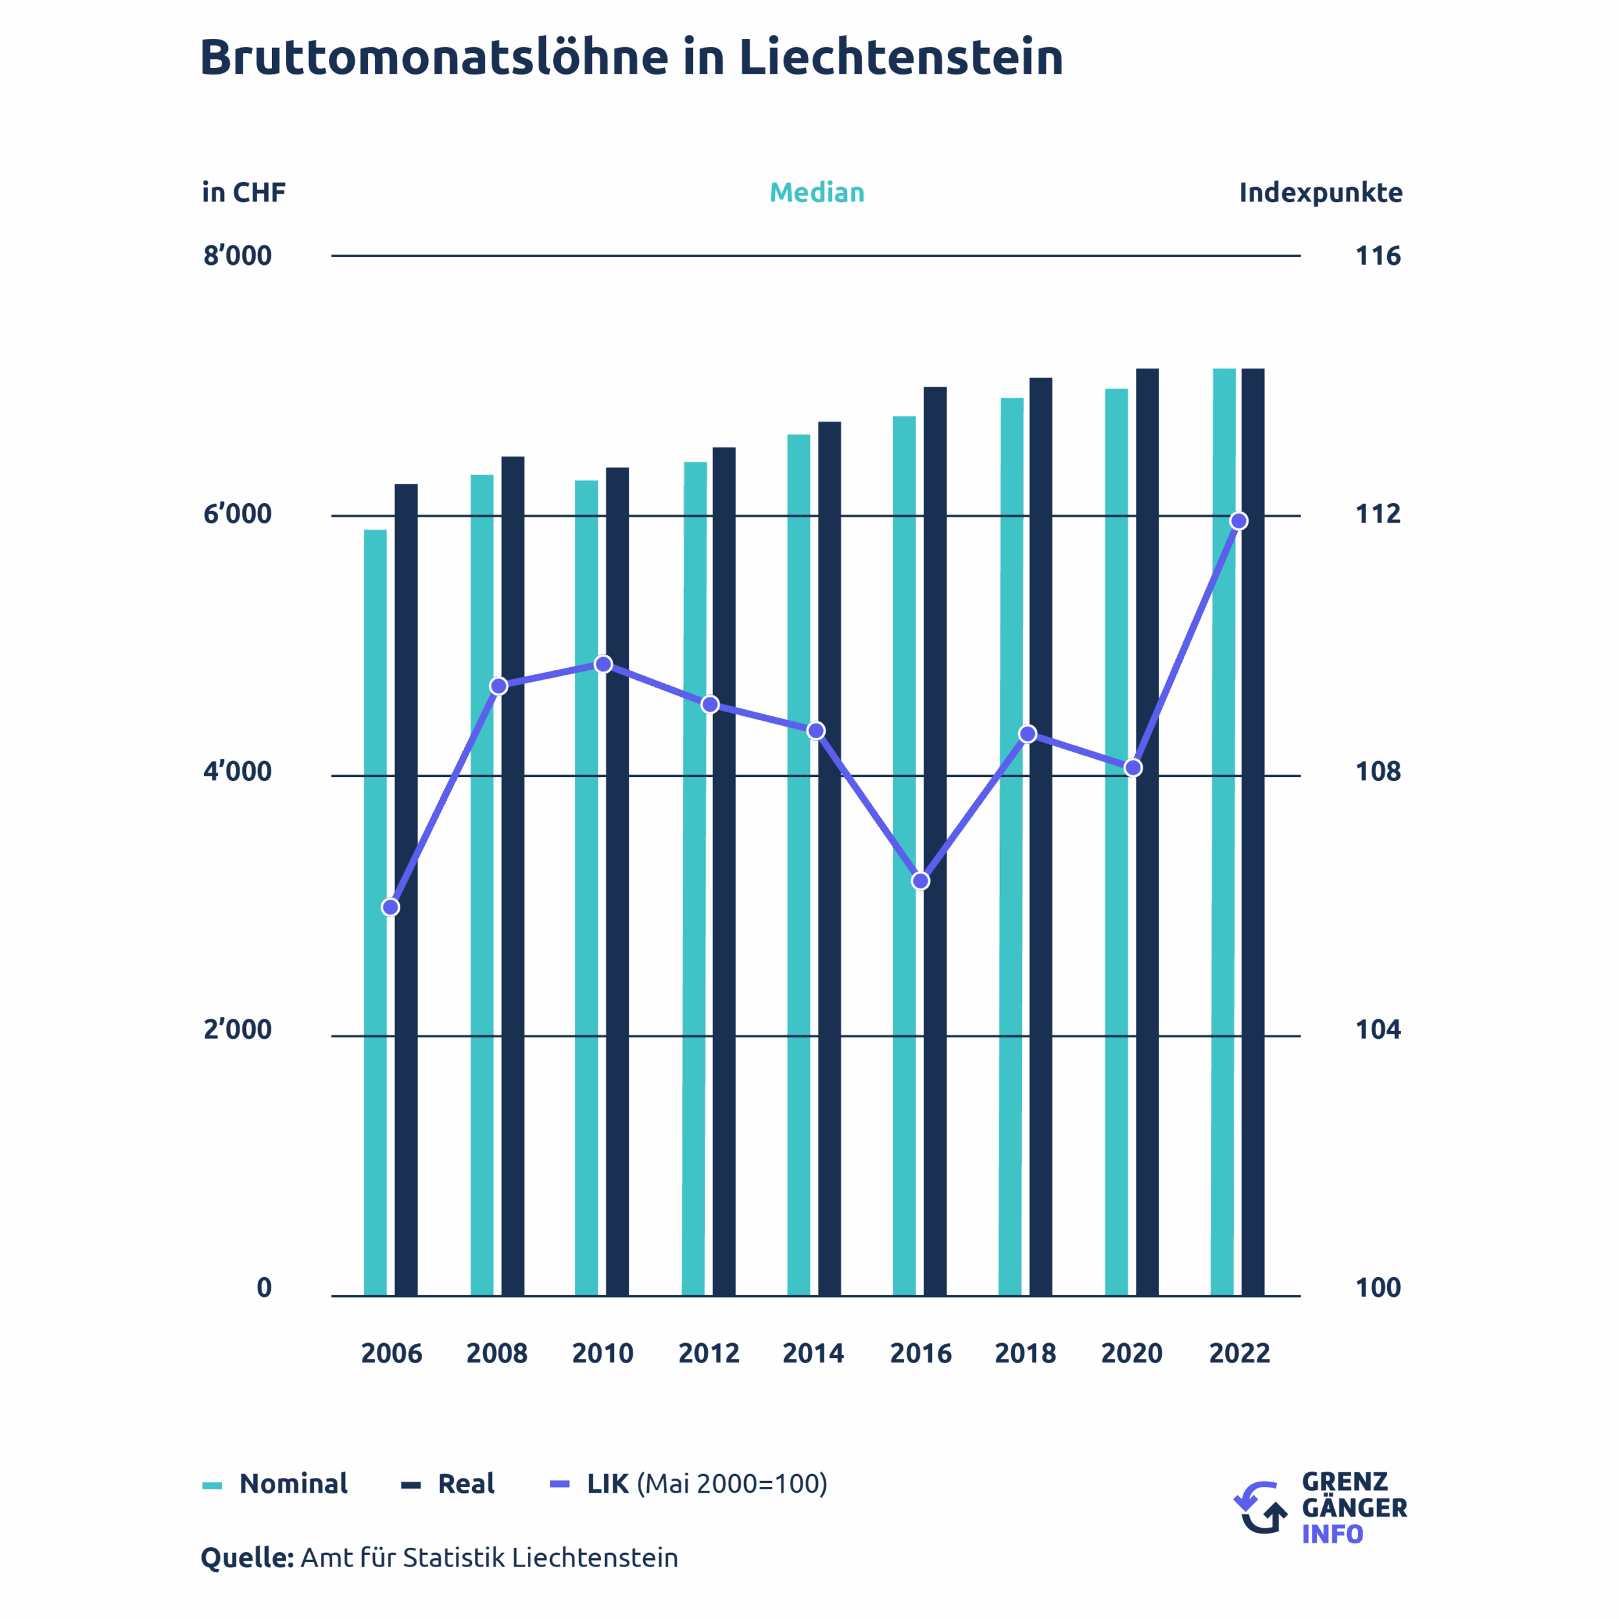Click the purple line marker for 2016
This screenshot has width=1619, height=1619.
920,881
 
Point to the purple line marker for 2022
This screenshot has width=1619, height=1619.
1239,521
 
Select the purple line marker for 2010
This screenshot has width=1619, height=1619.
604,664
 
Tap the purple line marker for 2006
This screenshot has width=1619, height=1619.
391,907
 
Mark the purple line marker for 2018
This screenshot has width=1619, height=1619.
1027,734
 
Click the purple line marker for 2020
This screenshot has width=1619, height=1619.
1133,767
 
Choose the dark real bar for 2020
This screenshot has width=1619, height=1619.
1147,838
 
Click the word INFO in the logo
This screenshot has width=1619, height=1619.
1331,1534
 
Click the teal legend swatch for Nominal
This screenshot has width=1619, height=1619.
212,1486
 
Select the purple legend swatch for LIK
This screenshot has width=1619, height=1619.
560,1484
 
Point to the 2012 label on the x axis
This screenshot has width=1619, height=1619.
708,1353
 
